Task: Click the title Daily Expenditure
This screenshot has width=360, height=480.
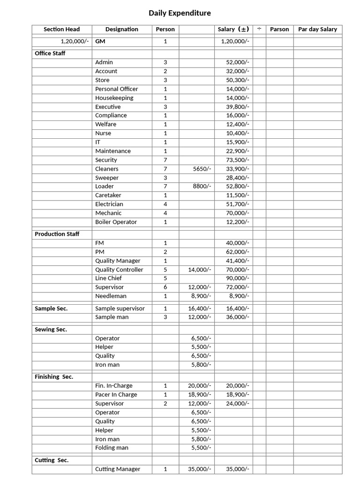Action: coord(180,13)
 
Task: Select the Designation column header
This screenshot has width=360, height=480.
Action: coord(121,29)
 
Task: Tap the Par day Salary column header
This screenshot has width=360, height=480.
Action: coord(317,29)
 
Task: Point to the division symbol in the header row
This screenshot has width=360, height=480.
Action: coord(259,29)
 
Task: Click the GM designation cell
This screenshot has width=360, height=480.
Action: coord(100,41)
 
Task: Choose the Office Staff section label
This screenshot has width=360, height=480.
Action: coord(50,53)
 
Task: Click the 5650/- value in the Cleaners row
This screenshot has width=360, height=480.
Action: coord(202,169)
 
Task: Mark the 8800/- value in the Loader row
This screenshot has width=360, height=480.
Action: coord(202,186)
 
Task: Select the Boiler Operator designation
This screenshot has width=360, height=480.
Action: coord(116,222)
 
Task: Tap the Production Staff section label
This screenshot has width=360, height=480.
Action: coord(57,234)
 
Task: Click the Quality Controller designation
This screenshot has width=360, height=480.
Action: coord(119,270)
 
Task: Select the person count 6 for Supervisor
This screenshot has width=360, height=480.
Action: coord(165,287)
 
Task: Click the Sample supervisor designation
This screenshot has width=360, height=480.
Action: coord(120,308)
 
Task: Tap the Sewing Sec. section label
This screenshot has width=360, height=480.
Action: coord(51,330)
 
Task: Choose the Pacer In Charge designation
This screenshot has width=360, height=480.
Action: coord(116,395)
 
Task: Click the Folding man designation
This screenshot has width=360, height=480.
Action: coord(112,448)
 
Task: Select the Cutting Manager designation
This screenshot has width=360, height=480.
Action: coord(117,469)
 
